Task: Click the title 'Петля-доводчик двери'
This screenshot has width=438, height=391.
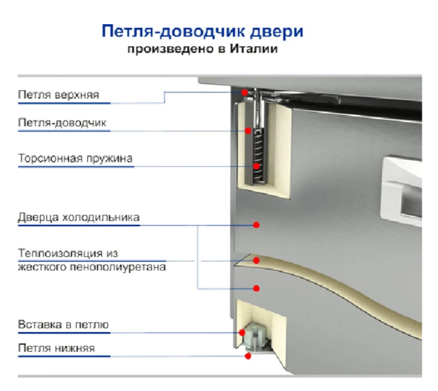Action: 202,31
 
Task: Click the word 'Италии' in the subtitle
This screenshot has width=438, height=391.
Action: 254,49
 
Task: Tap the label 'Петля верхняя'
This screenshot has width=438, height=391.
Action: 58,95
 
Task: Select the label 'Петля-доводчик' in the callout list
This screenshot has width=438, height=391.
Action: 62,123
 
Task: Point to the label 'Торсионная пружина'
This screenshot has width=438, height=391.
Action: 75,158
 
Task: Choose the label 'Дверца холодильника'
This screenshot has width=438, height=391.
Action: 79,217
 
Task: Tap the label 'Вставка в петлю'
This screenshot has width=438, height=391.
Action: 64,325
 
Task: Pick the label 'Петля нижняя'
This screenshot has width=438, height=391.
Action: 56,348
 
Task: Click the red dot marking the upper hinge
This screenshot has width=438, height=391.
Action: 245,92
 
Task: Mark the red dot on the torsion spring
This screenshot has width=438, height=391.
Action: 256,167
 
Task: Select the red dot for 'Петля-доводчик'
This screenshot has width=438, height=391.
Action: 248,130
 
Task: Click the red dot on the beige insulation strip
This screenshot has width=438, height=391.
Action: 256,260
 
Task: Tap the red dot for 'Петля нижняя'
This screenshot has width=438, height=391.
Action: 248,356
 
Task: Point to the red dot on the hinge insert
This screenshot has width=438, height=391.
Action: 242,332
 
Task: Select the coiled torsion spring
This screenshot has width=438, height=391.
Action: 258,156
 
